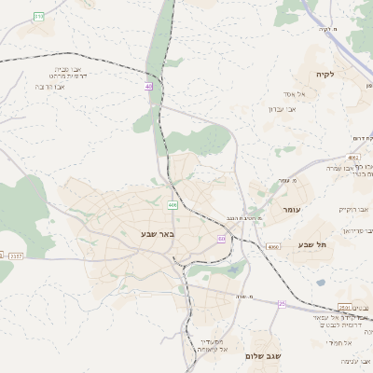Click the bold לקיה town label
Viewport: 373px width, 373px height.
click(x=325, y=74)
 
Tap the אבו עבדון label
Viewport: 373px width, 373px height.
click(x=282, y=109)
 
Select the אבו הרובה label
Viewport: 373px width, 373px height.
click(x=54, y=87)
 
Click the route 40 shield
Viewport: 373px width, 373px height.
click(x=148, y=87)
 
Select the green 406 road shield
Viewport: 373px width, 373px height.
click(x=173, y=204)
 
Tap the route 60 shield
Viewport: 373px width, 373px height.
click(x=221, y=239)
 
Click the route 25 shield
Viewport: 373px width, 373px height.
click(x=282, y=303)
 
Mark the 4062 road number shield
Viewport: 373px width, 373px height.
click(x=354, y=158)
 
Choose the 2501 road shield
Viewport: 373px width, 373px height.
click(x=344, y=308)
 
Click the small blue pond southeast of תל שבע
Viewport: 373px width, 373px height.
click(x=321, y=283)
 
